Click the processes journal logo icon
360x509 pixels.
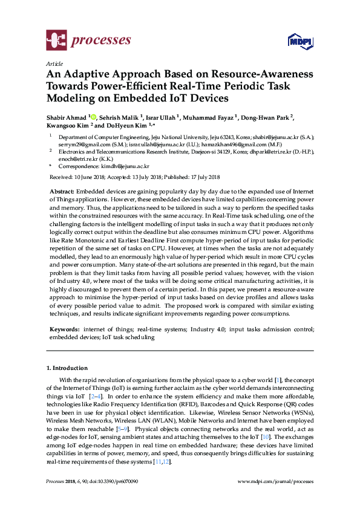(x=57, y=41)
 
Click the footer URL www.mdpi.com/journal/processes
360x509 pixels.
(x=277, y=481)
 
